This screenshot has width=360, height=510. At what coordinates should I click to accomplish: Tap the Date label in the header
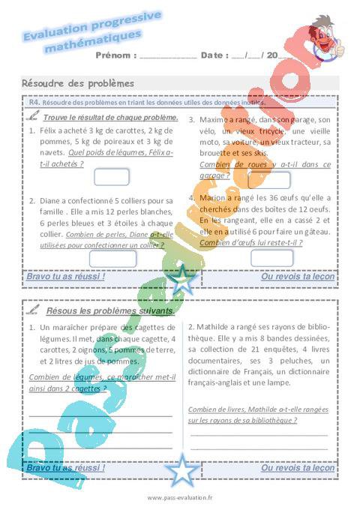pos(214,55)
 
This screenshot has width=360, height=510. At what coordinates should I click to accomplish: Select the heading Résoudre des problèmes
pos(78,83)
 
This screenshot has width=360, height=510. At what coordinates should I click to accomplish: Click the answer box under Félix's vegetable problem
pos(112,178)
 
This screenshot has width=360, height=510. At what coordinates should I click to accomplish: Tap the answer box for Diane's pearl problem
pos(112,258)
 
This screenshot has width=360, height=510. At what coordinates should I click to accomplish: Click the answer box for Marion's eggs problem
pos(271,258)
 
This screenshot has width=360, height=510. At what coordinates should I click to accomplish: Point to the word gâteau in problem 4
pos(315,232)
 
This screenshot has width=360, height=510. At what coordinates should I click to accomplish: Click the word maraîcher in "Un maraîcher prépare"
pos(75,328)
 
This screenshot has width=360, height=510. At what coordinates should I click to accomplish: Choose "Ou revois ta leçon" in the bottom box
pos(297,467)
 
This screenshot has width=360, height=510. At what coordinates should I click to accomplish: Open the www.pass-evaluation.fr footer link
pos(180,497)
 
